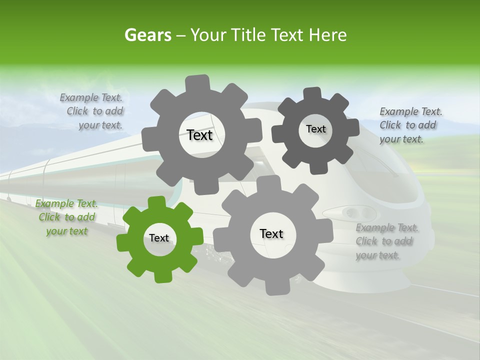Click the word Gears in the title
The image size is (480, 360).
(x=147, y=35)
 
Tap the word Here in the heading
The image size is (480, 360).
(x=327, y=35)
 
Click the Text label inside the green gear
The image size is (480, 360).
(x=159, y=238)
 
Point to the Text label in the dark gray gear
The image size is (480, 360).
(x=315, y=129)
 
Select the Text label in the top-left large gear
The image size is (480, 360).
(x=199, y=135)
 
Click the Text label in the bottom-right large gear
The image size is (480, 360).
(x=271, y=233)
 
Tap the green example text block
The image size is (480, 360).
(x=67, y=217)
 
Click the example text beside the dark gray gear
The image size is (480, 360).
(x=411, y=125)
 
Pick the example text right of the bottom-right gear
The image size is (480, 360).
(x=387, y=241)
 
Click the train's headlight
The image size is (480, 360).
(x=350, y=213)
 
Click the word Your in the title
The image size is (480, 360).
(x=207, y=35)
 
